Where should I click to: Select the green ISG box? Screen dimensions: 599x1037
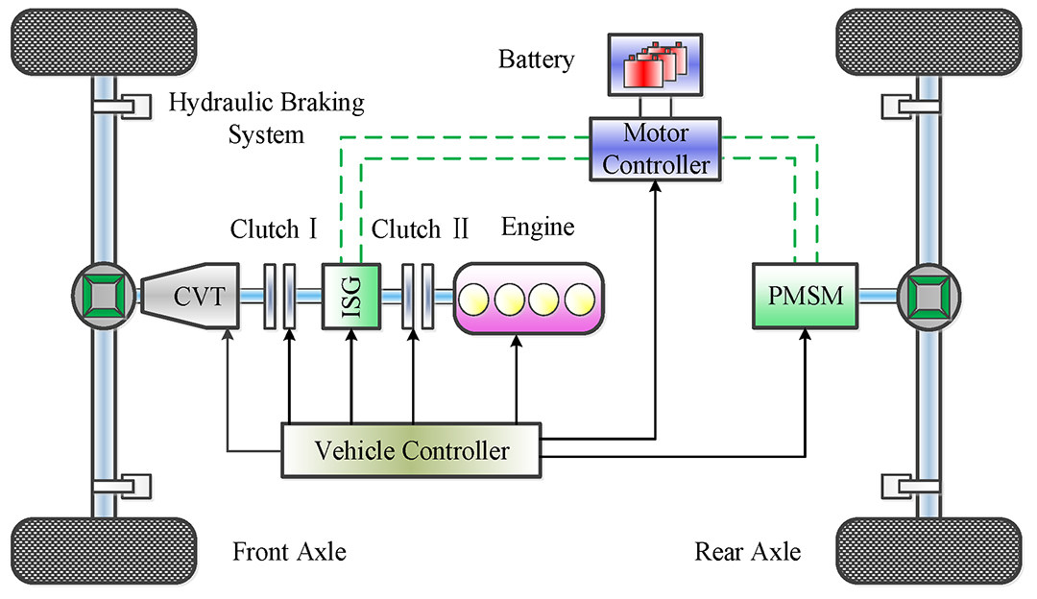(x=350, y=297)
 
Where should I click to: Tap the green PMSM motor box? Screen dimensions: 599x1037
(x=804, y=297)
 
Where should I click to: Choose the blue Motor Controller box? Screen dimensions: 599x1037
(x=656, y=150)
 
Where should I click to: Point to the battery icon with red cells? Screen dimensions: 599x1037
(x=656, y=66)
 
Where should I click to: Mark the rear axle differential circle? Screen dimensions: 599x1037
(x=928, y=296)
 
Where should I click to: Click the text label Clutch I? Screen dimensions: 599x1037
(x=274, y=230)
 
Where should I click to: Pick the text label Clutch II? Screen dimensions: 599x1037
(x=420, y=230)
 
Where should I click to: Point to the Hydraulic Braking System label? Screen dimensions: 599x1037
(x=266, y=118)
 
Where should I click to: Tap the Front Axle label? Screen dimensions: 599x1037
(x=289, y=553)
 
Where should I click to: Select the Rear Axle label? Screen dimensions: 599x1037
(x=747, y=553)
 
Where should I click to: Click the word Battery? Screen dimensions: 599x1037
(x=536, y=60)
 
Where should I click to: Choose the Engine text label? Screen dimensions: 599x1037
(x=538, y=228)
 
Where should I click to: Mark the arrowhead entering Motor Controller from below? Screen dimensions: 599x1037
(x=656, y=189)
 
